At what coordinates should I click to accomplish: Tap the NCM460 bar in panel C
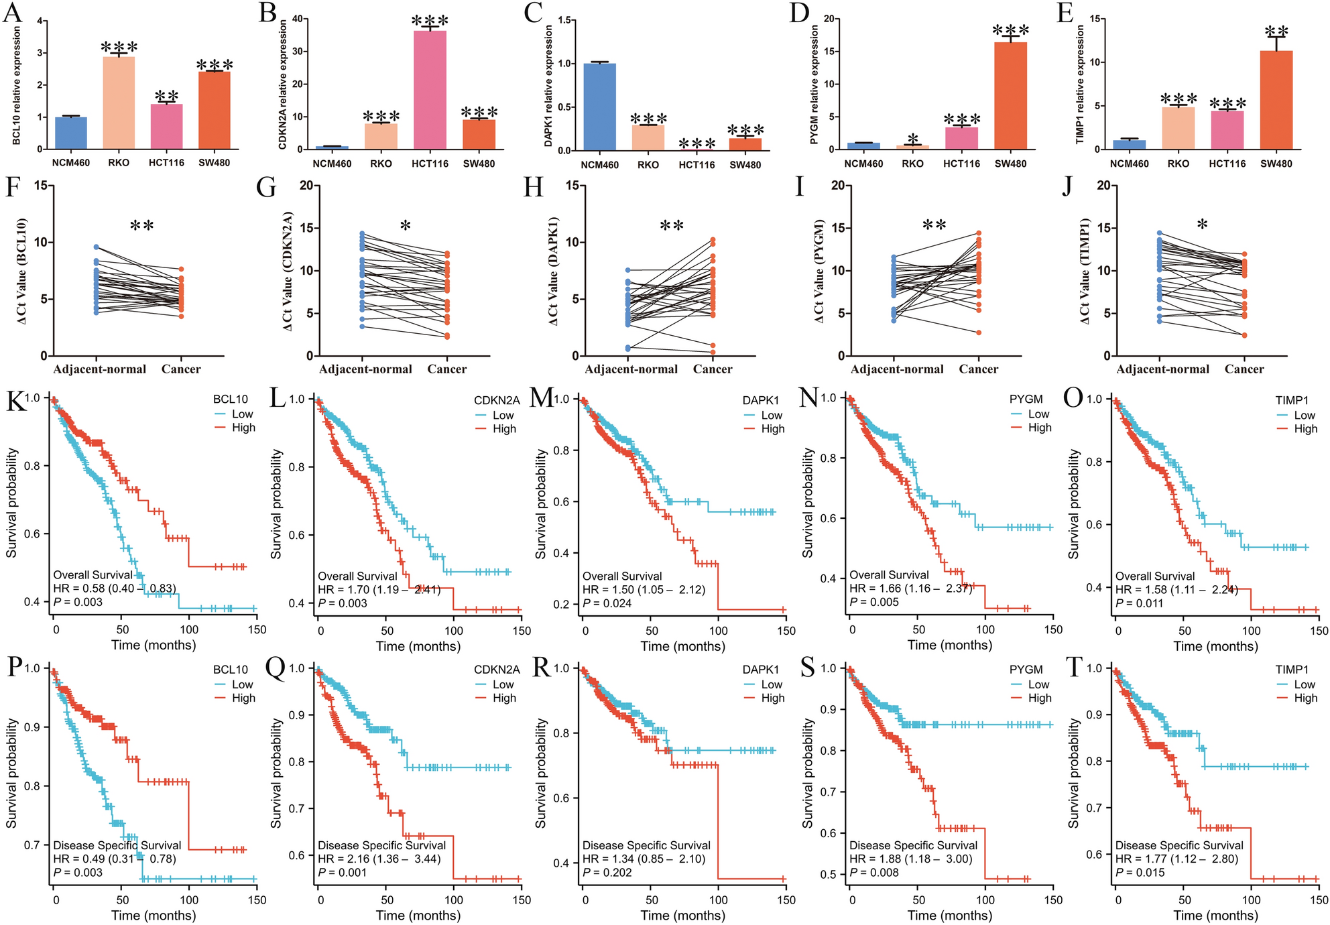[599, 107]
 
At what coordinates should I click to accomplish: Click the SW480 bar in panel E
[1276, 100]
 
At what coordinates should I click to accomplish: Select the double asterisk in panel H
[671, 226]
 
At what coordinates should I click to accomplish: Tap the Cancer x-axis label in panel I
[978, 369]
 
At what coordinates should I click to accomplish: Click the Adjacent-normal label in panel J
[1162, 369]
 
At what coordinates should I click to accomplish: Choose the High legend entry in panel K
[243, 428]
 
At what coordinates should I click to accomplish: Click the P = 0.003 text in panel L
[343, 603]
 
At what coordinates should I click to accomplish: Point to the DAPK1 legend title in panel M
[760, 400]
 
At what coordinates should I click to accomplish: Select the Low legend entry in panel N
[1038, 414]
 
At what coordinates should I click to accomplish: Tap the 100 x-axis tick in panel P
[189, 900]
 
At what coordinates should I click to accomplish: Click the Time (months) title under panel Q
[418, 916]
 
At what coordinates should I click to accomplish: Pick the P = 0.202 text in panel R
[607, 872]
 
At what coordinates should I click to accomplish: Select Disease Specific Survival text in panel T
[1179, 845]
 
